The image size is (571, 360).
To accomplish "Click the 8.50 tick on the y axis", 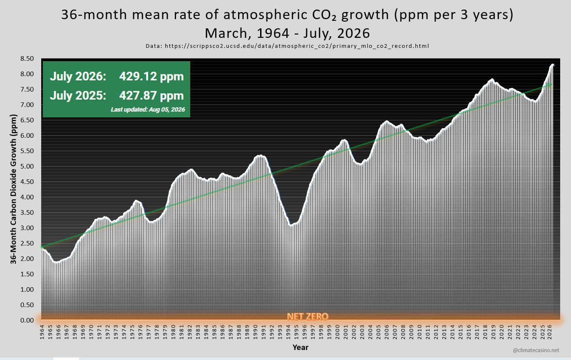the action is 27,59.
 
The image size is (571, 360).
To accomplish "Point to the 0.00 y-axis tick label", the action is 27,320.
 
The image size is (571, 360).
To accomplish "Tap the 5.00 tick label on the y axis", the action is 27,166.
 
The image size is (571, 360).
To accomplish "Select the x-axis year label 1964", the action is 42,332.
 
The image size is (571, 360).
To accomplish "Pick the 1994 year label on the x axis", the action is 288,332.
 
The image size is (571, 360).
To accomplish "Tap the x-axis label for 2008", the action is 403,332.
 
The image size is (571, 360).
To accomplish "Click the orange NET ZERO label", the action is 308,316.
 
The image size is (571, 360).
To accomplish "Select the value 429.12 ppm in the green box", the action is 151,76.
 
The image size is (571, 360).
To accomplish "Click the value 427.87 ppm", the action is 151,96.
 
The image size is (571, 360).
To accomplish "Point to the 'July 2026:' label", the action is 78,76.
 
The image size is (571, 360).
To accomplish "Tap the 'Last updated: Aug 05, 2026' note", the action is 148,109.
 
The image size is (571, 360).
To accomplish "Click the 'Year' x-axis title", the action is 300,347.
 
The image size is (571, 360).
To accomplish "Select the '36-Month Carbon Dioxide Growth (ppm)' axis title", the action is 13,189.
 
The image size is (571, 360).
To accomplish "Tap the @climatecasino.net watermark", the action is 536,350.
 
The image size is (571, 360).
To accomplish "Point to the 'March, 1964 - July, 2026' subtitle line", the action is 287,33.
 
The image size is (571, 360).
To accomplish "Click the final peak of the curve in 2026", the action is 552,65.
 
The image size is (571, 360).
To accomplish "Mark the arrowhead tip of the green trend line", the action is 552,84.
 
